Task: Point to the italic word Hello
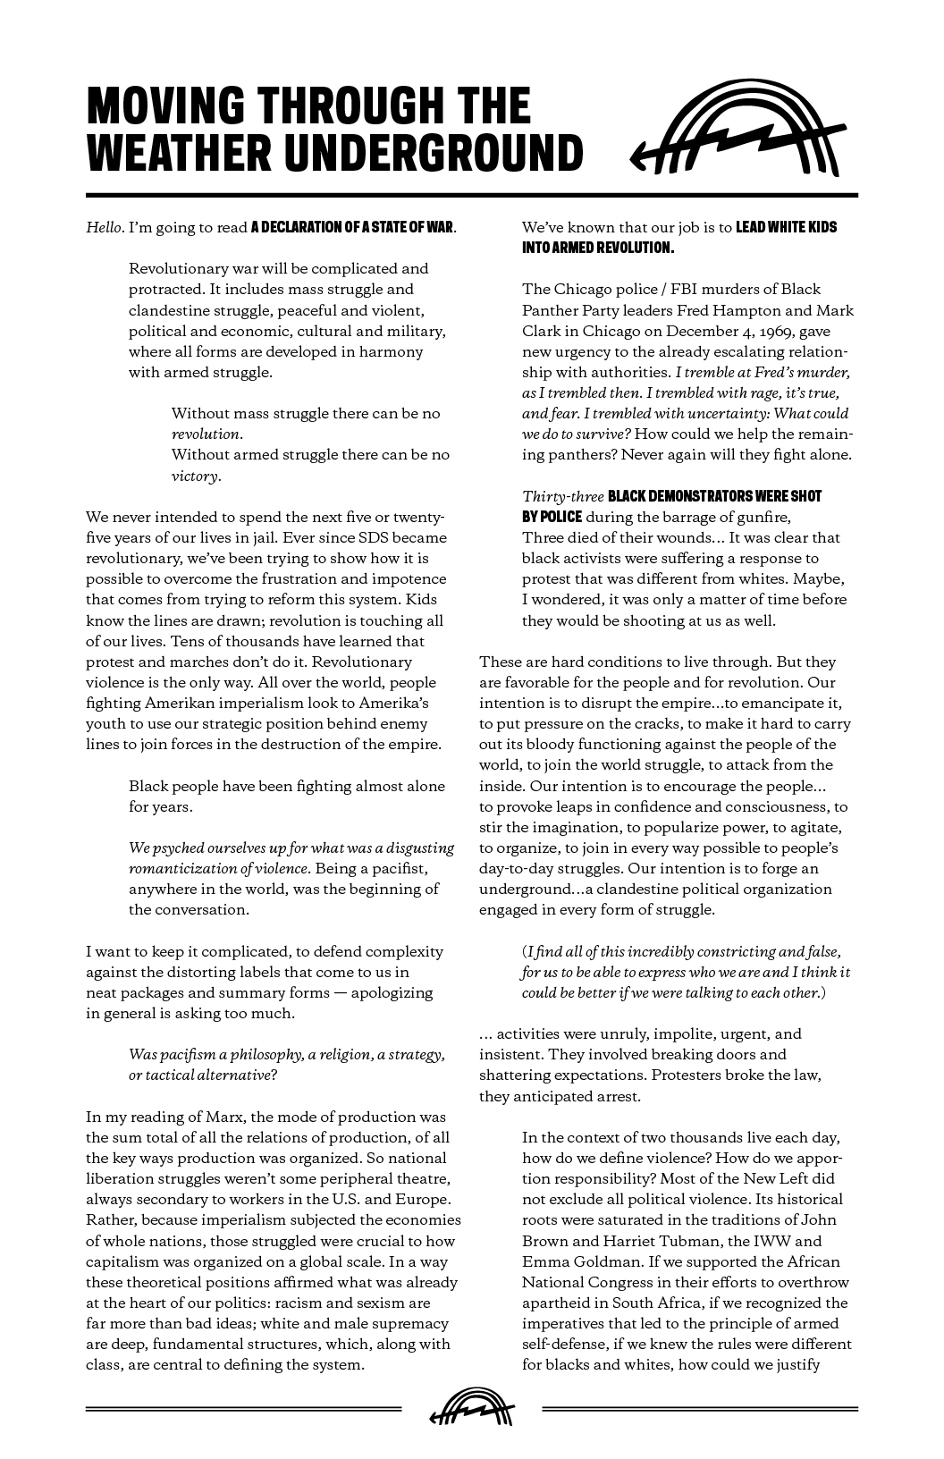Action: tap(103, 227)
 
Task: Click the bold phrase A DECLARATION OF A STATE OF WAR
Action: tap(352, 227)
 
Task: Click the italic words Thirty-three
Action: tap(562, 496)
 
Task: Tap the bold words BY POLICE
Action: tap(552, 517)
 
